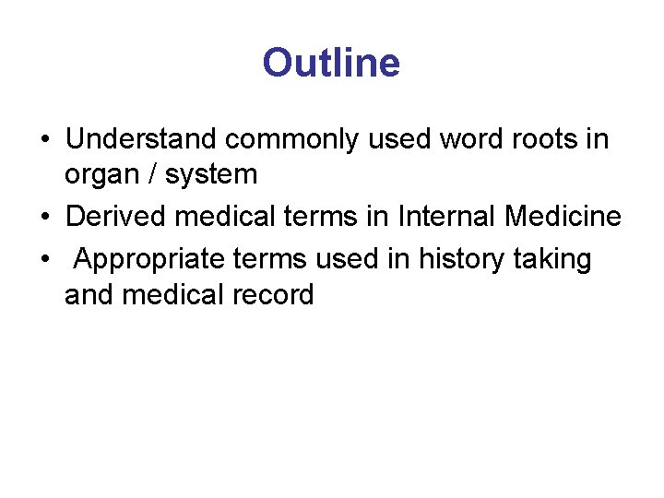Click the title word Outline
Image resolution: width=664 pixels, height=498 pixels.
click(331, 64)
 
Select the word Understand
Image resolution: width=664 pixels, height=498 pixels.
click(141, 139)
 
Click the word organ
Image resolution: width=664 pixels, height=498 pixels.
click(98, 173)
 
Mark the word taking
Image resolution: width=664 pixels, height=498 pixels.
click(553, 260)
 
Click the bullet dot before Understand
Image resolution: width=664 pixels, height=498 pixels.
click(45, 140)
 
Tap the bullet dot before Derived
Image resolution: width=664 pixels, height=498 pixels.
click(45, 218)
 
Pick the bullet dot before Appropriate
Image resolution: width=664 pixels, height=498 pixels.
click(45, 261)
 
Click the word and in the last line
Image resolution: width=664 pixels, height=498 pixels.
click(89, 294)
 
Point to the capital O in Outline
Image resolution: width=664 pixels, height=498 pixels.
click(277, 64)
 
